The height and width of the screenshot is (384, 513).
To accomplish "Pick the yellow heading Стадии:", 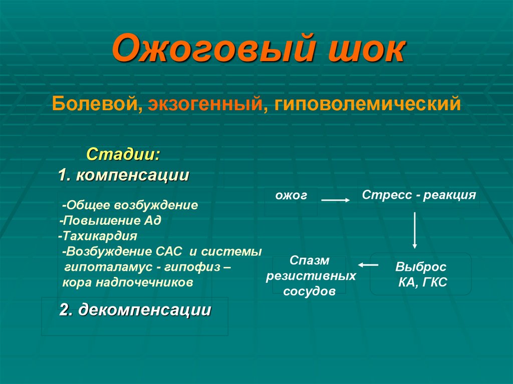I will (x=124, y=153).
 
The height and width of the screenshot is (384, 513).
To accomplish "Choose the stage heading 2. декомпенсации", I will (x=135, y=310).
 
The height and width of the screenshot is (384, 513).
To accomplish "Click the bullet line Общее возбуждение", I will (x=131, y=205).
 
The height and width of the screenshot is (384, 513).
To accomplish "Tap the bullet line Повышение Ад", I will (x=111, y=220).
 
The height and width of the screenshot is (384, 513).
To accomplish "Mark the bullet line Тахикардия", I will (x=97, y=235).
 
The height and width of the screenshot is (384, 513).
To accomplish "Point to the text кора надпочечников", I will (x=128, y=282).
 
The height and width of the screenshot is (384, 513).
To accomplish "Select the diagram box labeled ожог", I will (x=291, y=196).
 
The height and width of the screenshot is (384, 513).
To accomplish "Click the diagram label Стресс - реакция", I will (x=419, y=195).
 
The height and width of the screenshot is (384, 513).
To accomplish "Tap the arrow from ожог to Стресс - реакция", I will (x=335, y=200).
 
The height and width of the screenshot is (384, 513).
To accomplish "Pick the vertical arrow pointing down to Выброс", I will (x=414, y=230).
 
